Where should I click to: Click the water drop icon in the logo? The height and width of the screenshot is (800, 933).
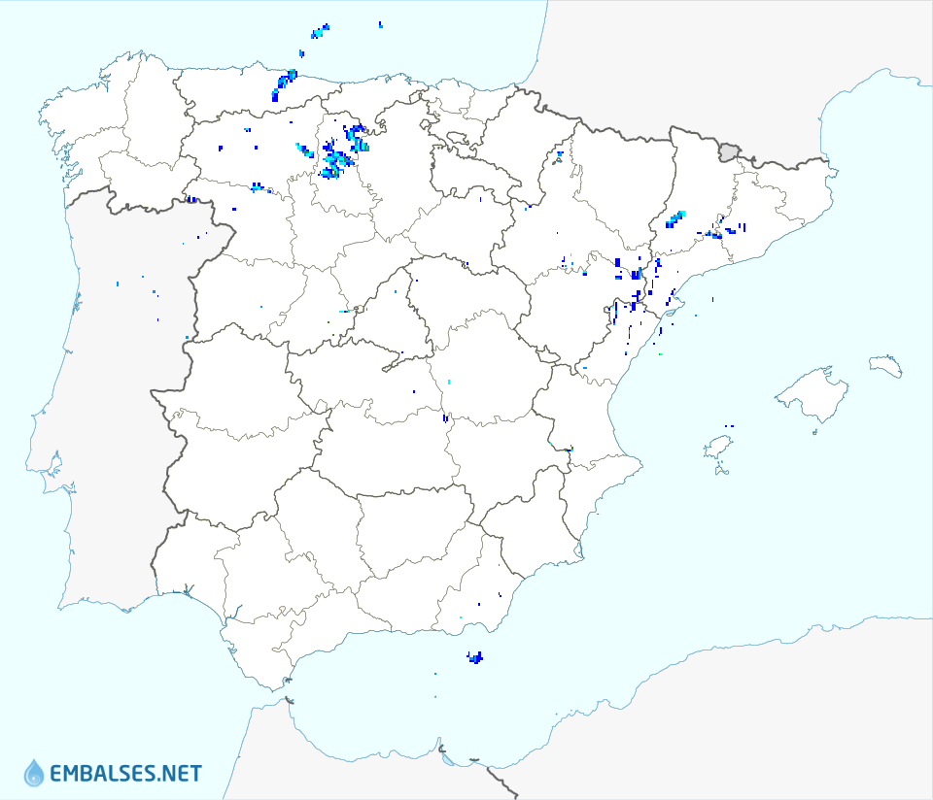click(34, 773)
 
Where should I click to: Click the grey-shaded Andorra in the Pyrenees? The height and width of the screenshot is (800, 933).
click(728, 150)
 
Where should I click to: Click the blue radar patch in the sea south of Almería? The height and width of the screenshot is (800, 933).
click(475, 658)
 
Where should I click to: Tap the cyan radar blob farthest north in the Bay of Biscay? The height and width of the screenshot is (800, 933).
click(319, 32)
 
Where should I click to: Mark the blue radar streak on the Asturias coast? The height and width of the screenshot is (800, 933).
click(286, 82)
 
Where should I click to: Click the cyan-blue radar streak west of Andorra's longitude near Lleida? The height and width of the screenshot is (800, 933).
click(674, 219)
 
